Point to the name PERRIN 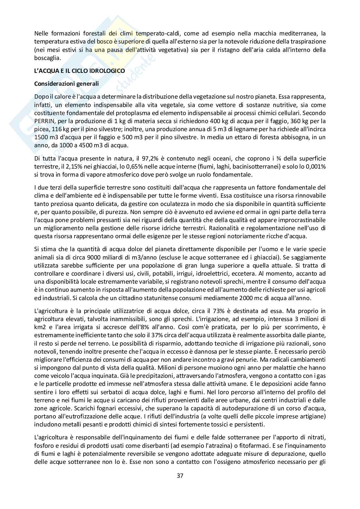pyautogui.click(x=44, y=121)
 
